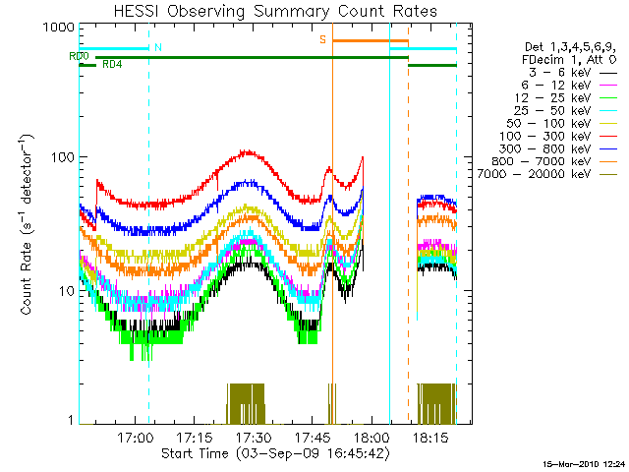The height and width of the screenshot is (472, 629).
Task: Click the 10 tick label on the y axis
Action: coord(62,291)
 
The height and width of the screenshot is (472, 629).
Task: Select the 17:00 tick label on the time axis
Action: coord(134,437)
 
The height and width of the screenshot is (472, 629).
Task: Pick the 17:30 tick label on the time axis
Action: coord(253,437)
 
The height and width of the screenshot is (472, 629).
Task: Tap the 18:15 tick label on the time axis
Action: coord(431,437)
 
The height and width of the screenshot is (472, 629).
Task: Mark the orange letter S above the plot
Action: coord(321,39)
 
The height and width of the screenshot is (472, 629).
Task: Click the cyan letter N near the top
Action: coord(158,47)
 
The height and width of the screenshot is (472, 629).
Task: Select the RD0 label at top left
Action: coord(78,56)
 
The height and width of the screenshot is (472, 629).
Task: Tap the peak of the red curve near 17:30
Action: coord(248,151)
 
